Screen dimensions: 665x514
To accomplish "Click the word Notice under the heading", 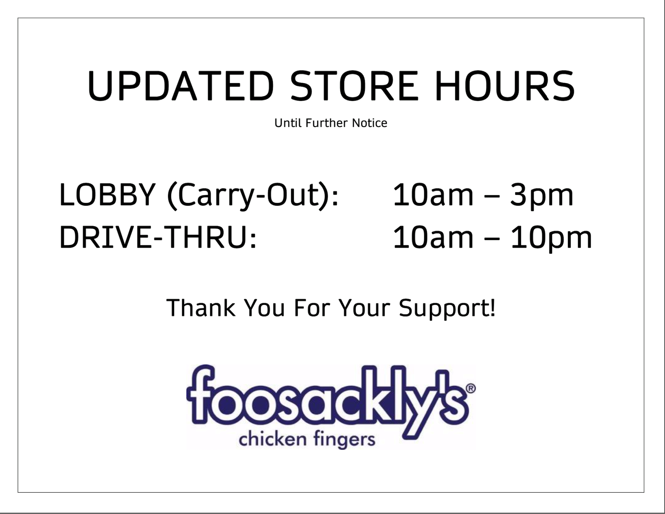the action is (x=370, y=123).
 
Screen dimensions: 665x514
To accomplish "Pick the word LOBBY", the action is (x=107, y=195).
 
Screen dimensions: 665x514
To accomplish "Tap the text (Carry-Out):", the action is (x=253, y=197).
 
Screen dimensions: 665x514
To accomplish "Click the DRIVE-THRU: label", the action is (x=158, y=237).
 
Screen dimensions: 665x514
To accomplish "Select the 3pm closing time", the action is (x=542, y=197).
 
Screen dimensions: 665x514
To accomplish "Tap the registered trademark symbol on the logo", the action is (x=471, y=388).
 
